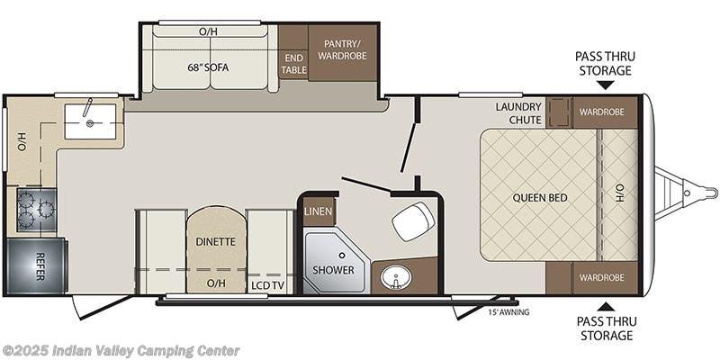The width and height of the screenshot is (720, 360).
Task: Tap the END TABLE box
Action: (x=293, y=63)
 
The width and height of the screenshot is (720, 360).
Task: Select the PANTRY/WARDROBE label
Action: (x=342, y=50)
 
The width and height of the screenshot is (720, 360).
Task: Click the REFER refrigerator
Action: (x=36, y=265)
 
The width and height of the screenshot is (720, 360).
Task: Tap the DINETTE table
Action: (x=215, y=241)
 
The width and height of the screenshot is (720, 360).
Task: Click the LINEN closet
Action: (x=319, y=211)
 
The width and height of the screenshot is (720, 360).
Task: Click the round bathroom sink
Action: (x=391, y=278)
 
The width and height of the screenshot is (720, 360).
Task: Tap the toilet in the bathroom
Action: (x=411, y=219)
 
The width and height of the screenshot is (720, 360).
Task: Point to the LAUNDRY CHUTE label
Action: (x=517, y=113)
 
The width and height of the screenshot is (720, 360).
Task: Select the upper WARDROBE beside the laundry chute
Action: (x=601, y=112)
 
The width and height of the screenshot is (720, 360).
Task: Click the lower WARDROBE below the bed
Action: (x=601, y=277)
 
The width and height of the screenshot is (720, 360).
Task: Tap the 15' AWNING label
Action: (x=508, y=312)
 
